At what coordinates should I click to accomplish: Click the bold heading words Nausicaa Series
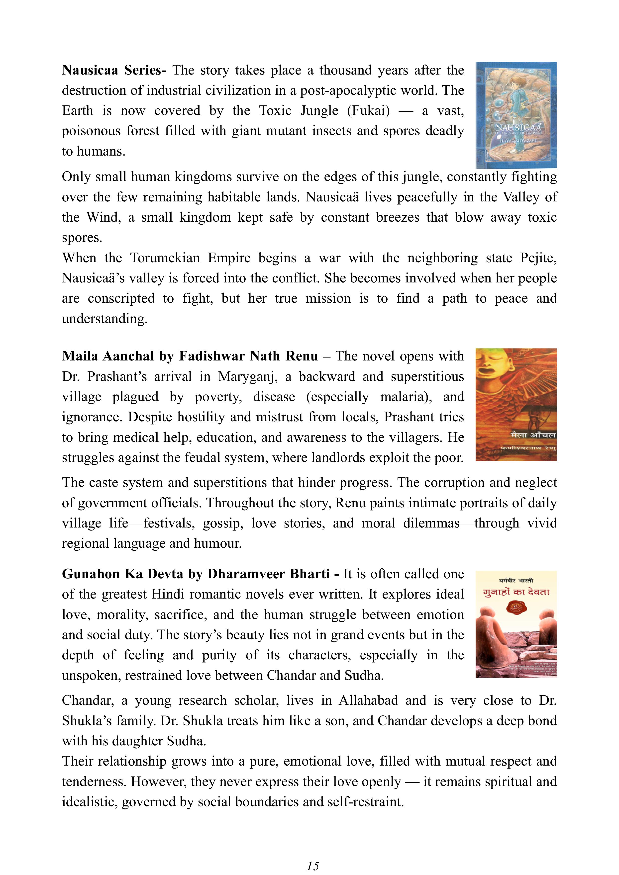(x=113, y=70)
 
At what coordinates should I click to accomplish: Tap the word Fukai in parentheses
(x=368, y=110)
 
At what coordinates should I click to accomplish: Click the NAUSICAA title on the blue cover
(x=517, y=127)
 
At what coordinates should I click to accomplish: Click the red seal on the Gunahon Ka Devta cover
(x=515, y=608)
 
